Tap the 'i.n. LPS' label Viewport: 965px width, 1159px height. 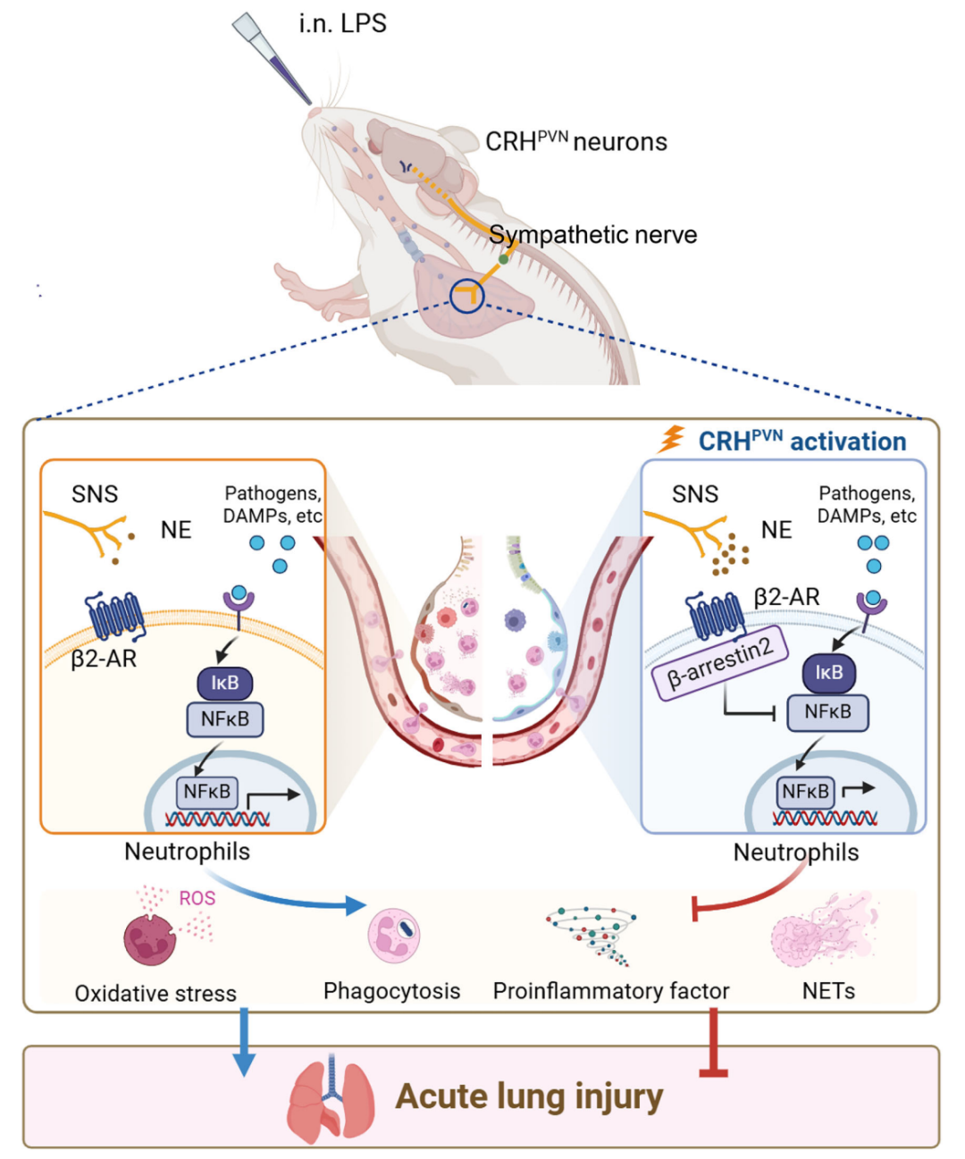[x=342, y=23]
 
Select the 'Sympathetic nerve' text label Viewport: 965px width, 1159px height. [x=592, y=235]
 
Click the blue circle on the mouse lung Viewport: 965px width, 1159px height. [x=466, y=296]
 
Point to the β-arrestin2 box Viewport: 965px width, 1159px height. [x=720, y=662]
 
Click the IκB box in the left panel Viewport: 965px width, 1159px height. [x=224, y=684]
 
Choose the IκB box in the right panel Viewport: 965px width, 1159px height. [x=828, y=673]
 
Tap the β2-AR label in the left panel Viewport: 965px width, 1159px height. [x=104, y=659]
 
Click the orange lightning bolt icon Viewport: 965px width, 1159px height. [x=672, y=439]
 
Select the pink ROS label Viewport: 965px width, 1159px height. [x=197, y=898]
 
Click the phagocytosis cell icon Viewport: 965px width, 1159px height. [x=394, y=936]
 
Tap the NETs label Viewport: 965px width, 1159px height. [x=828, y=991]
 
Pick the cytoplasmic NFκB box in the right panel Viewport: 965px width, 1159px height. [x=827, y=712]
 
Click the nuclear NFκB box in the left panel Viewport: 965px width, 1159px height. [x=206, y=792]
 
